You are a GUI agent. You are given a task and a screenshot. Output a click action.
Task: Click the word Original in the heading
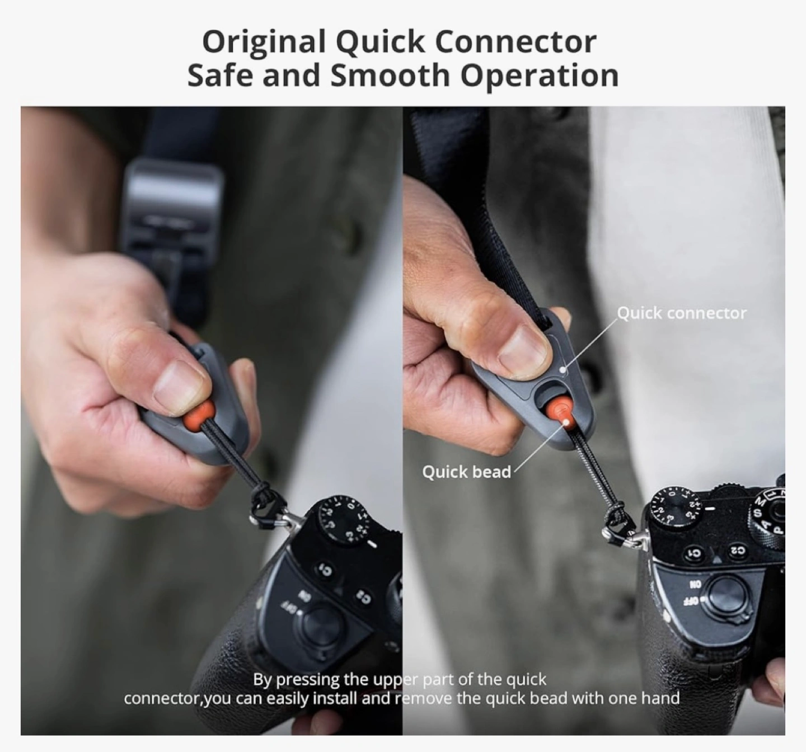pyautogui.click(x=264, y=42)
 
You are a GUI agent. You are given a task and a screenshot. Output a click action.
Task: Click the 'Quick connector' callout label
pyautogui.click(x=682, y=313)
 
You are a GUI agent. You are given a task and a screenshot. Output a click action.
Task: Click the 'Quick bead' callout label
pyautogui.click(x=466, y=472)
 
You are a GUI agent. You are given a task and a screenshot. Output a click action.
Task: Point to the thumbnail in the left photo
pyautogui.click(x=179, y=382)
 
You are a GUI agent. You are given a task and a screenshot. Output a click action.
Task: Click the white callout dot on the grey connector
pyautogui.click(x=563, y=369)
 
